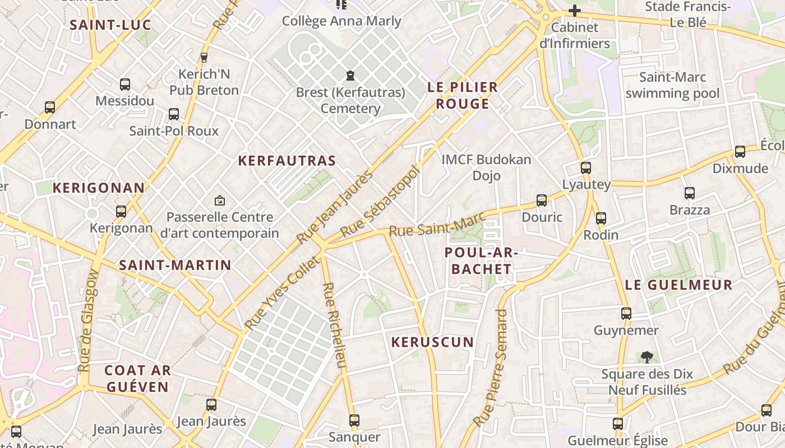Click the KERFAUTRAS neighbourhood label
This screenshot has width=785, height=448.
[x=287, y=161]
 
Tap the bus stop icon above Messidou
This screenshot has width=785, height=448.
[x=125, y=85]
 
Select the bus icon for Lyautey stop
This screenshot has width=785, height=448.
[x=586, y=167]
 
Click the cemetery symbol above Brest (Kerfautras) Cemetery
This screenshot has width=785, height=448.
[x=350, y=75]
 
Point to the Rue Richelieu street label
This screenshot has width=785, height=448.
[x=334, y=325]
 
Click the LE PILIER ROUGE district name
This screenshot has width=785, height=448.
[x=463, y=95]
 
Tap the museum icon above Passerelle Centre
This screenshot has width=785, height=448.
[x=220, y=200]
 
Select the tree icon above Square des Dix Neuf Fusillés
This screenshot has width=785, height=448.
[x=647, y=357]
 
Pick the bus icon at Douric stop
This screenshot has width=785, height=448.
[x=542, y=200]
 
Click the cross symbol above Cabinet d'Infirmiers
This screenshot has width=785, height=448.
[x=574, y=11]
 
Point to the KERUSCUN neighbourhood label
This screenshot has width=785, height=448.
[x=432, y=342]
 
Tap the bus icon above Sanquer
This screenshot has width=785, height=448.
[x=354, y=420]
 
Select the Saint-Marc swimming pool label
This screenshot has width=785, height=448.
[x=672, y=85]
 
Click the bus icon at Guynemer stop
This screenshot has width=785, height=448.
[x=626, y=314]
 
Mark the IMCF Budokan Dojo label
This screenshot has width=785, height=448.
[x=486, y=167]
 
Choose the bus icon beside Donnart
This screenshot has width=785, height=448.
[x=50, y=107]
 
